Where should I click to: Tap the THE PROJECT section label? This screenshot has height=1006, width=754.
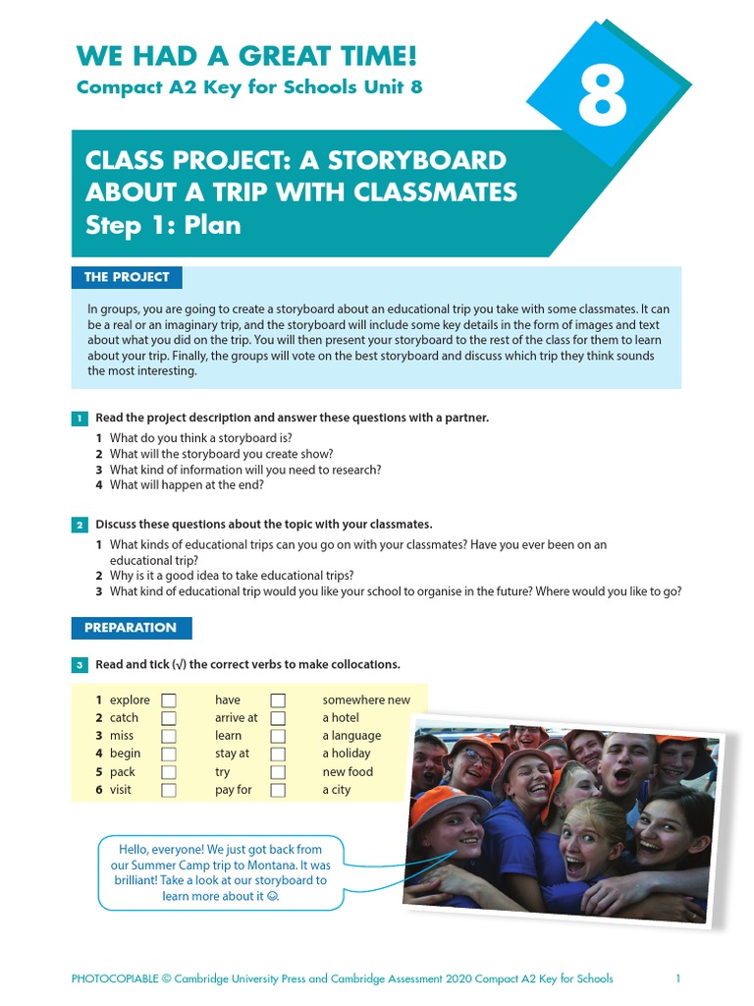coord(127,277)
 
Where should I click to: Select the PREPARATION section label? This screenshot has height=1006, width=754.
coord(131,628)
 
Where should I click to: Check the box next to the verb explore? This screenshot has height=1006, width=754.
coord(169,700)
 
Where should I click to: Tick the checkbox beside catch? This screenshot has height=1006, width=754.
coord(169,718)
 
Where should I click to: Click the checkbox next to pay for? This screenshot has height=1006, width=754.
coord(278,790)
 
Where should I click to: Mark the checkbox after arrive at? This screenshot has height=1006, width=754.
coord(278,718)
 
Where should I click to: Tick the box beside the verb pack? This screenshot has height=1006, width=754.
coord(169,772)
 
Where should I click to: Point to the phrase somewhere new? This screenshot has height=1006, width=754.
coord(366,700)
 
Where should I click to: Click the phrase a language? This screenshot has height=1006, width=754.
coord(351,736)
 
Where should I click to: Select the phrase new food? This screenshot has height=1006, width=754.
coord(348,772)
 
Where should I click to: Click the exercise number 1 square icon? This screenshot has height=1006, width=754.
coord(80,419)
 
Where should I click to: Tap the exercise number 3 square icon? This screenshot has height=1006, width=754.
coord(80,666)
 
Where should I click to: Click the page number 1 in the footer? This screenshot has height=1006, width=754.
coord(677,978)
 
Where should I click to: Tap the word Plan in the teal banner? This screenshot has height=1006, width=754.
coord(212,225)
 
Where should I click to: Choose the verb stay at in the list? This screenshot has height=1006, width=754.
coord(232,754)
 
